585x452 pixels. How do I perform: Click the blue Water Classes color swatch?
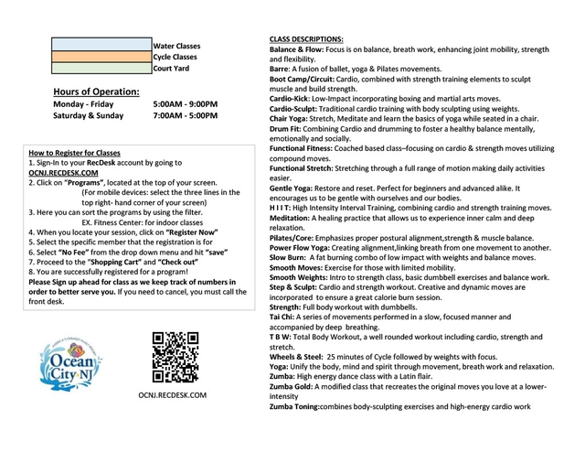101,44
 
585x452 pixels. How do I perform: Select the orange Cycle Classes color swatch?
101,56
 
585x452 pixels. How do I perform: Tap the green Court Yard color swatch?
101,68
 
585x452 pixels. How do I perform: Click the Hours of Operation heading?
96,91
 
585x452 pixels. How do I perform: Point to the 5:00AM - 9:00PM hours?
186,104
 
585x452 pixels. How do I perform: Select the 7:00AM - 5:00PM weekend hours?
186,116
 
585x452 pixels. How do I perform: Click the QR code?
175,358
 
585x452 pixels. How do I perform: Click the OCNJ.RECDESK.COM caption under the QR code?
173,395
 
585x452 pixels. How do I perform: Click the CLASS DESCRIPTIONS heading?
306,38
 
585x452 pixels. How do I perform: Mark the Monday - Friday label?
83,104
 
